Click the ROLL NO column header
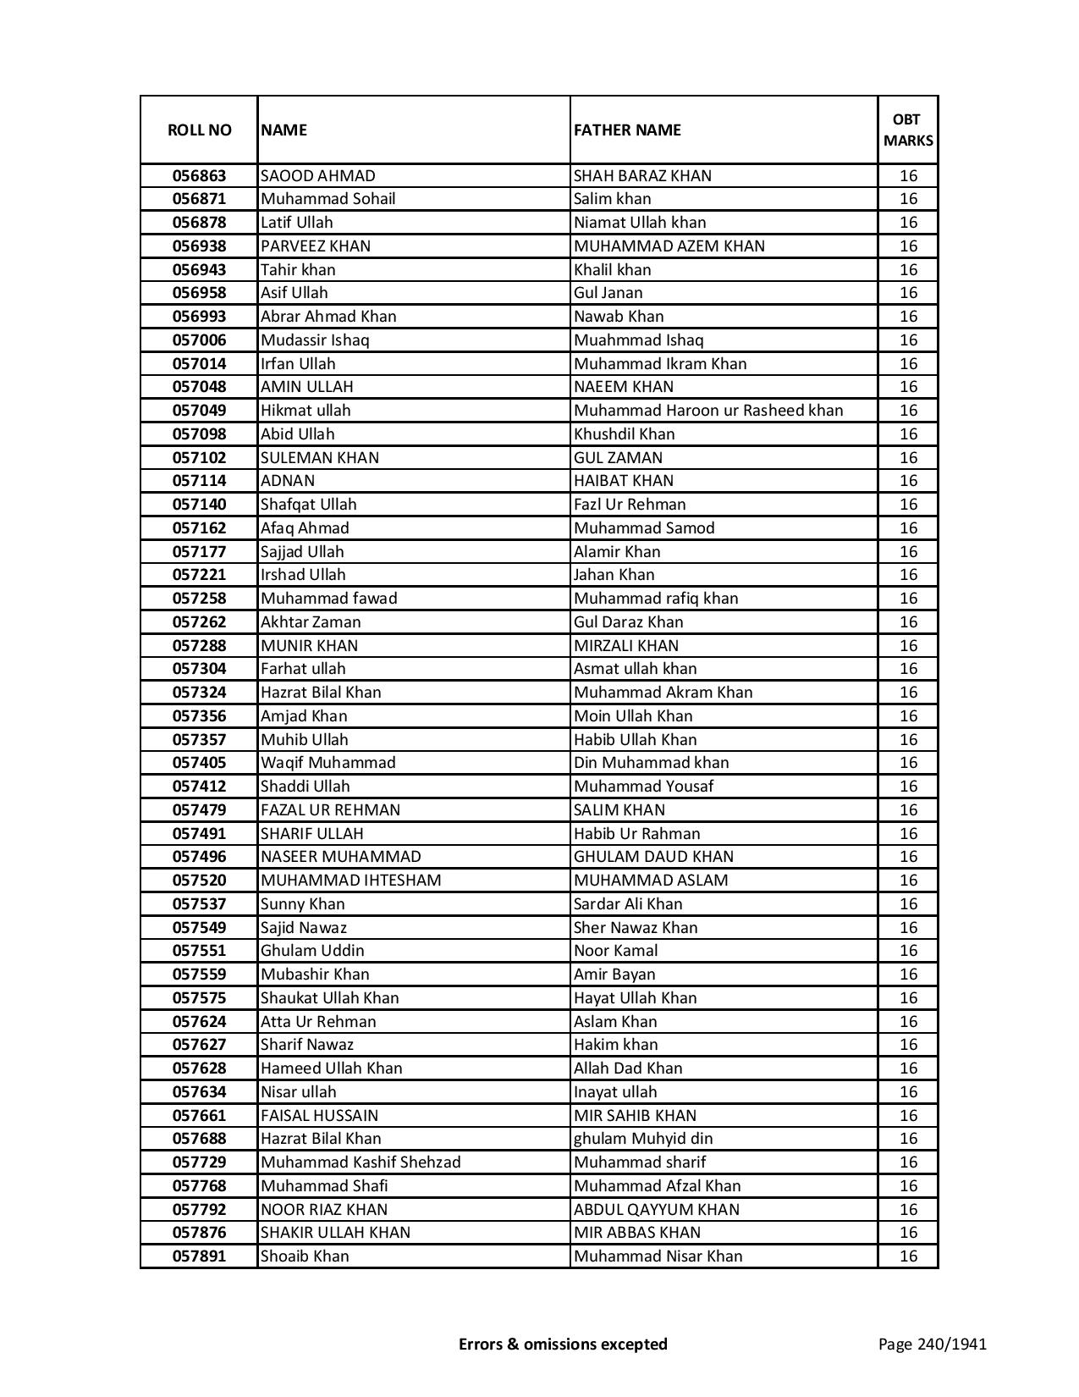199,130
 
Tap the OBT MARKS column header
907,130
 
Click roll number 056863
199,176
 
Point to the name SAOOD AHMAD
317,176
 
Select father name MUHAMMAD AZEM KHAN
669,246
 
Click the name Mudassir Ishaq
315,340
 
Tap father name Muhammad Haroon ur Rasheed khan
708,411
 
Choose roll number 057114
199,481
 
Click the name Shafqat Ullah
308,505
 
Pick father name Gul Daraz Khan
628,622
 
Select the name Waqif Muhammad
328,763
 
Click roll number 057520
199,881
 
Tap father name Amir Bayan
614,975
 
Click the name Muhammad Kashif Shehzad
361,1162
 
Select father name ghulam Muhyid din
643,1139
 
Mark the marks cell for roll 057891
907,1256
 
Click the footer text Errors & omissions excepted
563,1344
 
